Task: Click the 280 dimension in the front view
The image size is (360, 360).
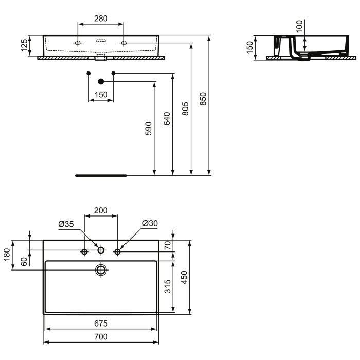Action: point(100,19)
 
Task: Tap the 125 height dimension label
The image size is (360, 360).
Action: point(24,46)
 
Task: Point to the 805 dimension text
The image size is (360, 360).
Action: point(185,109)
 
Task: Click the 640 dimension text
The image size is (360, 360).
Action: point(167,119)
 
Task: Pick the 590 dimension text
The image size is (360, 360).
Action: point(148,128)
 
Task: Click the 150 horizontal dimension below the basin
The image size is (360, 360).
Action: point(101,94)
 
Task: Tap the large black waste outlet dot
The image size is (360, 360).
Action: point(101,81)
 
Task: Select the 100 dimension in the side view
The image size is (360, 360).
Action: point(300,26)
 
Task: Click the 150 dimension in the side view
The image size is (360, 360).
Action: point(250,47)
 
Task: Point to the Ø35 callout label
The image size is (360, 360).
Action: point(66,224)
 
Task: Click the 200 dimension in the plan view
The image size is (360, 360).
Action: point(101,211)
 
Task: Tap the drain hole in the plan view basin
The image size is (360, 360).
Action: point(101,269)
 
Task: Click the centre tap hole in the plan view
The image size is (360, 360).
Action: point(101,250)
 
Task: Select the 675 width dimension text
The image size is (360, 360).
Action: point(101,323)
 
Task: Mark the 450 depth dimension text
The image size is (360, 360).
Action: point(185,277)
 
